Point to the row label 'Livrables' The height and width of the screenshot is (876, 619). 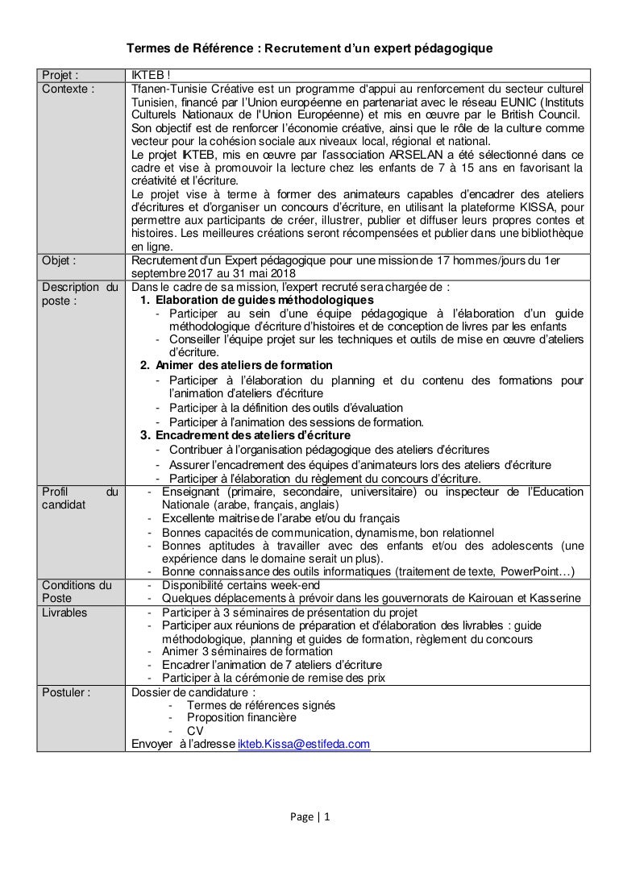coord(64,612)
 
